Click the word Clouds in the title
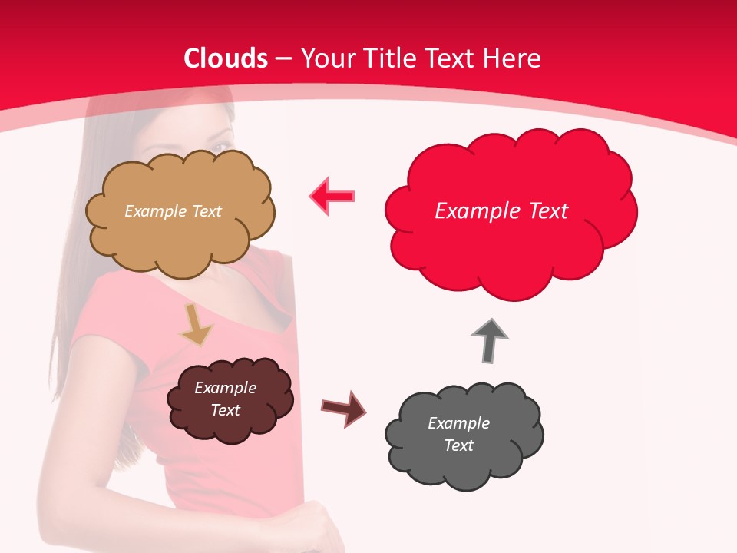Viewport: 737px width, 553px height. pyautogui.click(x=226, y=58)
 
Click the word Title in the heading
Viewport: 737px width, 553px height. pyautogui.click(x=388, y=58)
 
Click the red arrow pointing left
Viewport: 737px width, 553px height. pyautogui.click(x=332, y=197)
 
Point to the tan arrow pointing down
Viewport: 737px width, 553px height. pyautogui.click(x=197, y=325)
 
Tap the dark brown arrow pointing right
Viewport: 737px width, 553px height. pyautogui.click(x=343, y=408)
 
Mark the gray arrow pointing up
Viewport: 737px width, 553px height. pyautogui.click(x=490, y=340)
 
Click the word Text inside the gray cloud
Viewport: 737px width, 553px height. pyautogui.click(x=458, y=445)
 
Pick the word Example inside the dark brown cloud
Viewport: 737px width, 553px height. pyautogui.click(x=225, y=388)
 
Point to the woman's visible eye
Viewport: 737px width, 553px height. pyautogui.click(x=220, y=147)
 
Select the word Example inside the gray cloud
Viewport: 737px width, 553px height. pyautogui.click(x=458, y=423)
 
